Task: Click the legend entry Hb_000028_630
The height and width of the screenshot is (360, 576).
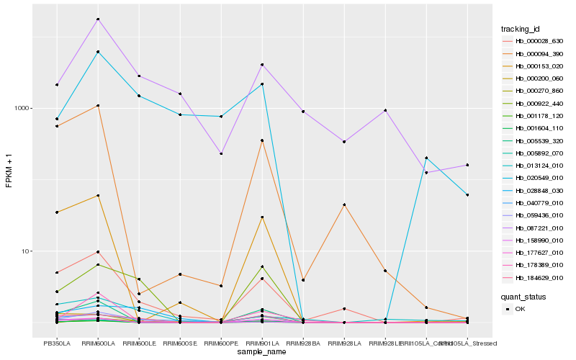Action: point(534,41)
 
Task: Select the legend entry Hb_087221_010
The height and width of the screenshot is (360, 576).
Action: point(534,228)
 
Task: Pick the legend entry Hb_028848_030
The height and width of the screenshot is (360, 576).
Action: point(534,191)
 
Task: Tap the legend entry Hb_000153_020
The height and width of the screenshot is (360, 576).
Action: point(534,66)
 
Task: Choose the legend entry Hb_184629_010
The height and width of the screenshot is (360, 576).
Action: point(534,278)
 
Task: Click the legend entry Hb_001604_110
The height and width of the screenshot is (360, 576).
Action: point(534,128)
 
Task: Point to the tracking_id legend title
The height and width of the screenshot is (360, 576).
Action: point(521,29)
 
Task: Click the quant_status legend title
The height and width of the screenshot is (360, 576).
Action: point(523,296)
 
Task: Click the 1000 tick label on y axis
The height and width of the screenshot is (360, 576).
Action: point(23,109)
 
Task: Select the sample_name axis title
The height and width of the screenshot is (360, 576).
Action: point(262,352)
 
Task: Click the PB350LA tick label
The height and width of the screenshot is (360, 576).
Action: point(57,343)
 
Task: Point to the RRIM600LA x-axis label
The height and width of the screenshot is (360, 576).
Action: point(98,343)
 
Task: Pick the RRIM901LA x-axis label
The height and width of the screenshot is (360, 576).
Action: point(262,343)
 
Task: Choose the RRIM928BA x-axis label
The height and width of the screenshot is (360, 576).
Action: point(303,343)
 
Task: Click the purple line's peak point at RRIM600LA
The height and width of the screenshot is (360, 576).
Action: point(98,19)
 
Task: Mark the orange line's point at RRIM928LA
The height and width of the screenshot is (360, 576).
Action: point(344,204)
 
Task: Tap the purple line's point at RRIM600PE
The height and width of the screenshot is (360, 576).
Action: point(221,153)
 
